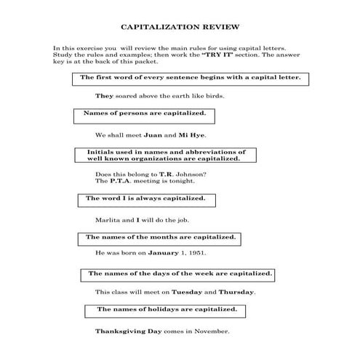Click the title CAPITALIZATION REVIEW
(x=180, y=25)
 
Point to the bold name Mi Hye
(x=193, y=135)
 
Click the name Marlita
(x=108, y=219)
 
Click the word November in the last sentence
(x=212, y=331)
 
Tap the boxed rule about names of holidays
(x=167, y=310)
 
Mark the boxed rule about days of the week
(x=180, y=274)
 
